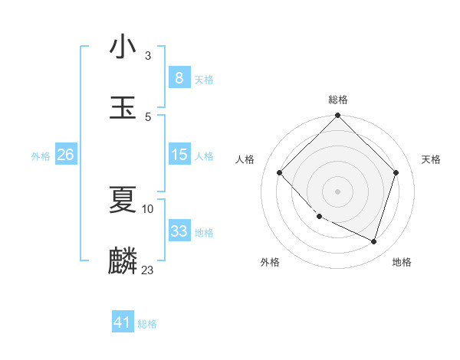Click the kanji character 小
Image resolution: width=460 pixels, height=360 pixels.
click(123, 47)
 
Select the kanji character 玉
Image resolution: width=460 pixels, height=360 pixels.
click(123, 108)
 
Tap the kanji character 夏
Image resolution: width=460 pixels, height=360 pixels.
click(123, 200)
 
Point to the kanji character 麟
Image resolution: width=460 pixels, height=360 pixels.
click(123, 261)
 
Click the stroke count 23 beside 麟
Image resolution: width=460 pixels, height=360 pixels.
click(148, 270)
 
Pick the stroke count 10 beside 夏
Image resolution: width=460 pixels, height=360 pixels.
click(148, 208)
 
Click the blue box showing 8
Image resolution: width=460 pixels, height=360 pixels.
click(179, 78)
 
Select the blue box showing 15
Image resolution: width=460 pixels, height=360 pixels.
click(179, 155)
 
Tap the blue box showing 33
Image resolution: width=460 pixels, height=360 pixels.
click(179, 231)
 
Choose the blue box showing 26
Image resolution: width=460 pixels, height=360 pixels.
click(65, 155)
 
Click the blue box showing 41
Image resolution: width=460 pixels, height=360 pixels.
click(123, 322)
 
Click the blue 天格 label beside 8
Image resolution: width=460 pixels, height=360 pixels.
click(204, 79)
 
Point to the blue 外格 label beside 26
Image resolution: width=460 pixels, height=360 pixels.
click(41, 155)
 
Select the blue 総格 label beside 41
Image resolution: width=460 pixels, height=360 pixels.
click(147, 324)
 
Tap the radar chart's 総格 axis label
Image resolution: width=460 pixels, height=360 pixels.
click(338, 100)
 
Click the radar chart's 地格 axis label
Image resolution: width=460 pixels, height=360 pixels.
click(402, 262)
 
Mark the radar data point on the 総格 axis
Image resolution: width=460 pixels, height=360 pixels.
click(338, 116)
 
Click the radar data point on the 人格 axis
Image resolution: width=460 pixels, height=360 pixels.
click(280, 172)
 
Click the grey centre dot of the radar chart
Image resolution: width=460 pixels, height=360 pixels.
click(338, 191)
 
